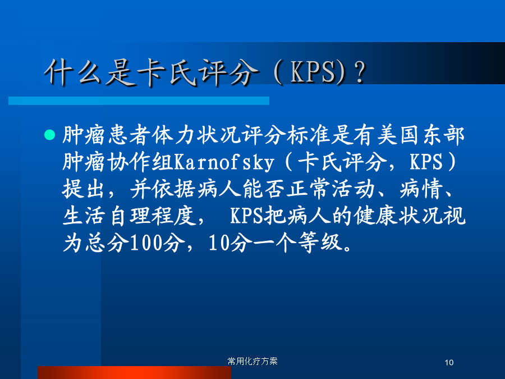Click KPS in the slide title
coord(313,72)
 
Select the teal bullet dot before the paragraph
coord(49,135)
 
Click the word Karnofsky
coord(224,162)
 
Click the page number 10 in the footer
coord(449,363)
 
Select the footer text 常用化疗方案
coord(252,361)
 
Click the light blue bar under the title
coord(139,101)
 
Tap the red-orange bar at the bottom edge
coord(134,373)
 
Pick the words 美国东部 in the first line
coord(421,135)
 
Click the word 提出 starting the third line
coord(84,189)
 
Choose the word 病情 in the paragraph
coord(421,189)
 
